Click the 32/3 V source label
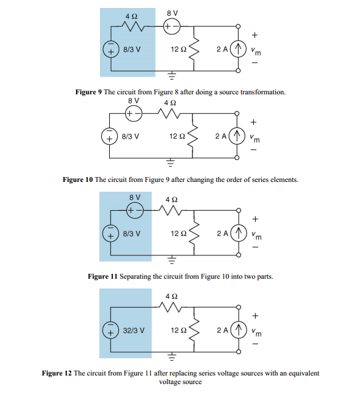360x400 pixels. pos(133,331)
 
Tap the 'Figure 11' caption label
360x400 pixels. pos(102,277)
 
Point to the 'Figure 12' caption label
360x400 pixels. pos(56,373)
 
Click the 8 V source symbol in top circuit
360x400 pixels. pos(172,26)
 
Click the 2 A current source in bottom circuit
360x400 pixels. pos(239,331)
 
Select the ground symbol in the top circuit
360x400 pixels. pos(172,75)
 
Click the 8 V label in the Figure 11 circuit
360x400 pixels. pos(136,197)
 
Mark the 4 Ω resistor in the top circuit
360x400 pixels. pos(134,26)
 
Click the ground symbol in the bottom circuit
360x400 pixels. pos(172,357)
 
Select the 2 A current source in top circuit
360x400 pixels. pos(239,48)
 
